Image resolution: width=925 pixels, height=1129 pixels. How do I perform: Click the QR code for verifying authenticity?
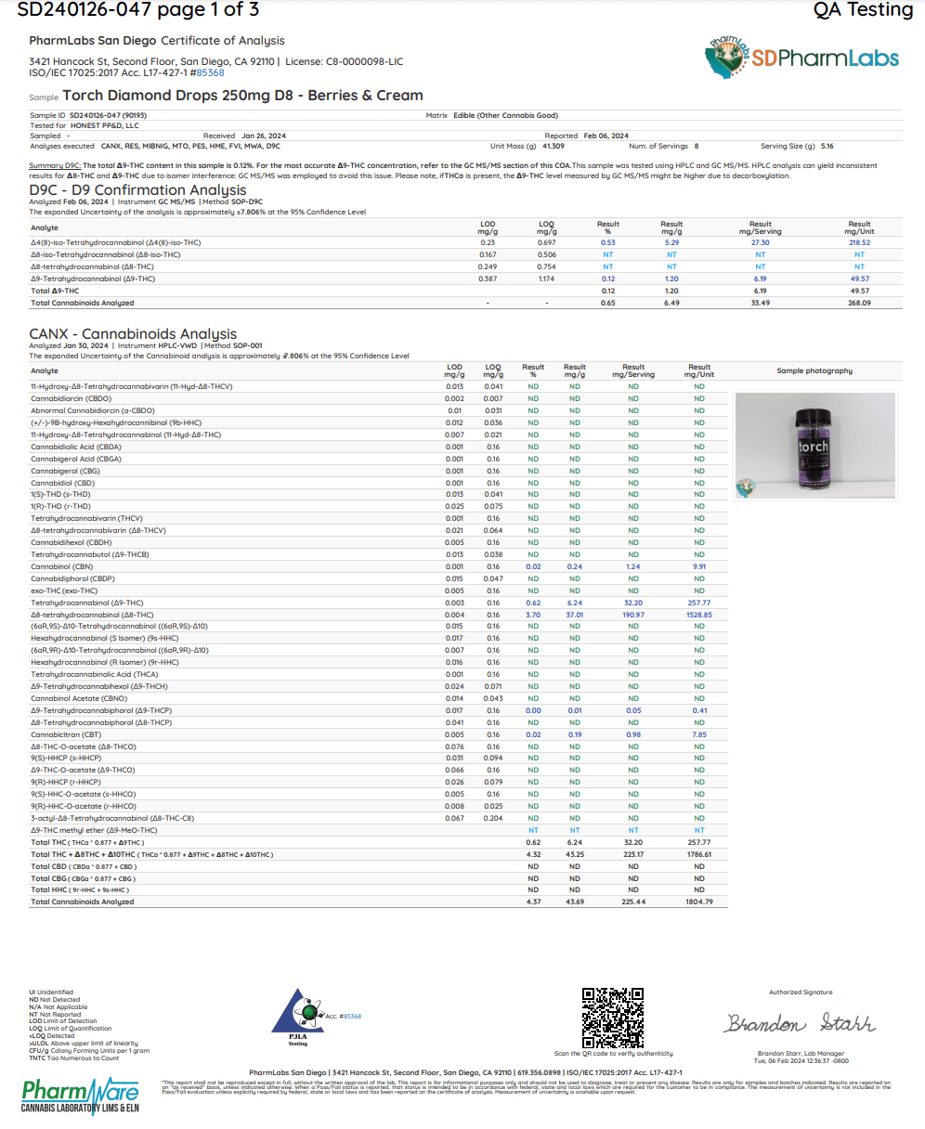click(x=612, y=1018)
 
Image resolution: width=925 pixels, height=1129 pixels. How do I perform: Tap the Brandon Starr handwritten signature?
click(x=800, y=1024)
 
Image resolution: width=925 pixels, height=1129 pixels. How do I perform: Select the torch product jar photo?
click(x=814, y=446)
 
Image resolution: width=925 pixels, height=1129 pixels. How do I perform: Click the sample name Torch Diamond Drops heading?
click(x=242, y=96)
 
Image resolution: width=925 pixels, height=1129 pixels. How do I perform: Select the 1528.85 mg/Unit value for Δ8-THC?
click(x=698, y=615)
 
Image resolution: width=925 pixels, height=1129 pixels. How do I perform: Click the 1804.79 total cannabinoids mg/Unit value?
click(x=698, y=902)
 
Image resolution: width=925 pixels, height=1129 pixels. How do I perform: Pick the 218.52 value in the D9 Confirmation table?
click(x=859, y=242)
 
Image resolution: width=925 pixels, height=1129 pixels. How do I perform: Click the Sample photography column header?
click(x=814, y=370)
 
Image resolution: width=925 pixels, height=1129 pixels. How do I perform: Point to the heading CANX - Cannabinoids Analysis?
click(x=133, y=334)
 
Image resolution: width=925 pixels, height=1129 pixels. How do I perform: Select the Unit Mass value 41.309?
click(x=554, y=146)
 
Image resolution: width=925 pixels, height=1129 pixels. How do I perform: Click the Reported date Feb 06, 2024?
click(x=606, y=136)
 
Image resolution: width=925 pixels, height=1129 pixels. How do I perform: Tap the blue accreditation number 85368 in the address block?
click(x=211, y=72)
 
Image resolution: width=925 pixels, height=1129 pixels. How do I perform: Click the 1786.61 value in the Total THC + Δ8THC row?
click(x=698, y=854)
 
